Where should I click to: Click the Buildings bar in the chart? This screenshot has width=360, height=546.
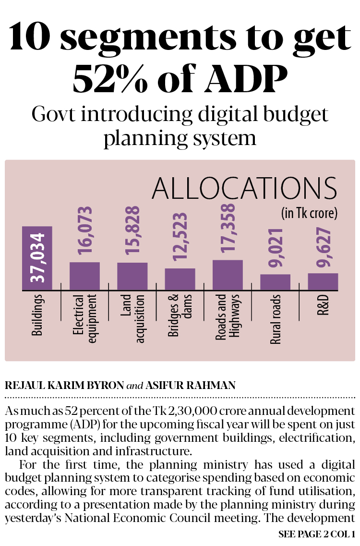(37, 258)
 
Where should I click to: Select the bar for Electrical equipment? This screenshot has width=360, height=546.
(84, 276)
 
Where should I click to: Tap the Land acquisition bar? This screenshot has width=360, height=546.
(132, 277)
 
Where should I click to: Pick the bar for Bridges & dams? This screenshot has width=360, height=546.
(180, 279)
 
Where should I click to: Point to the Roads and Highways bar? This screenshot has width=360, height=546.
(228, 275)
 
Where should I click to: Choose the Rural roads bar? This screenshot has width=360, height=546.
(275, 282)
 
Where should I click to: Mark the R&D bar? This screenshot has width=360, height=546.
(323, 282)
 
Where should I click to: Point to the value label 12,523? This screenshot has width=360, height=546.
(180, 239)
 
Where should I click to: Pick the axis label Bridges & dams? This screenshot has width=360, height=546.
(180, 319)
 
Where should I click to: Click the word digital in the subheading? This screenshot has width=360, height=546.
(214, 115)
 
